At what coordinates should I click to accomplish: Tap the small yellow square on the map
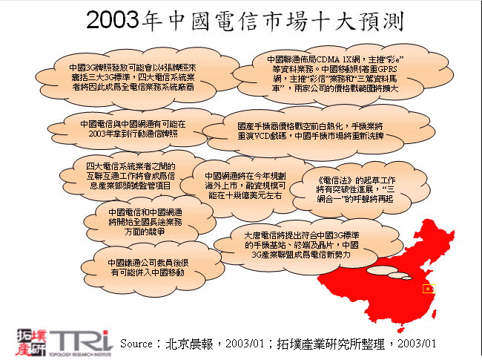click(427, 289)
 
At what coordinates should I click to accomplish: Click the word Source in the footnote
click(136, 344)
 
